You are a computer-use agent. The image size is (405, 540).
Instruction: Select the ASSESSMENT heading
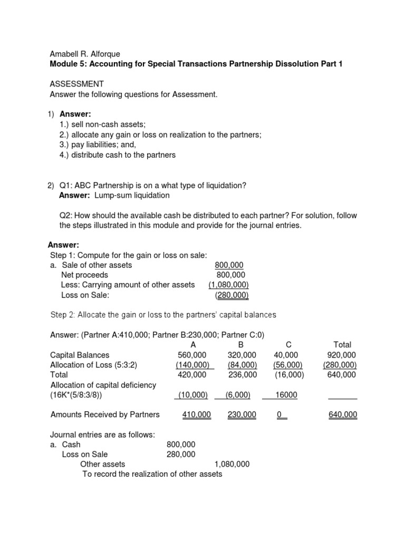coord(76,84)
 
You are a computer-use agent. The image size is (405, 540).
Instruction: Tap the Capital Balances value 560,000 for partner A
coord(192,355)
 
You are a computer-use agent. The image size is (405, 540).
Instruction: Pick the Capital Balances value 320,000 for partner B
coord(242,355)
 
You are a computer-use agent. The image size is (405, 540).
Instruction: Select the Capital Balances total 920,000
coord(342,355)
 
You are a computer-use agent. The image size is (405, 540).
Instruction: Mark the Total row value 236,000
coord(242,375)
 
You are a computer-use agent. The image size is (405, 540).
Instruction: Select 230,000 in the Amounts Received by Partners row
coord(242,415)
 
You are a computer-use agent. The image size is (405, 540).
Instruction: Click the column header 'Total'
coord(342,345)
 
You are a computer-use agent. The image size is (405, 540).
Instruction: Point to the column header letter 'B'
coord(242,345)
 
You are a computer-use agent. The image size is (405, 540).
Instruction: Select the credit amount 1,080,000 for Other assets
coord(232,464)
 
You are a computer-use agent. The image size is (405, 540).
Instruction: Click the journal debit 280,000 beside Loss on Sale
coord(181,454)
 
